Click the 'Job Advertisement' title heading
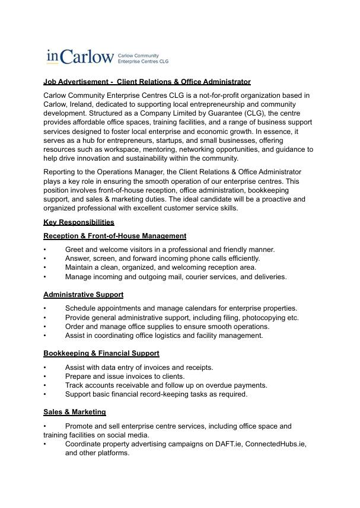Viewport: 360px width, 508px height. [x=147, y=82]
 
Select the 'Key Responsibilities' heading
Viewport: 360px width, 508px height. [x=79, y=222]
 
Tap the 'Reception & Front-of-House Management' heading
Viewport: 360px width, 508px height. [x=114, y=236]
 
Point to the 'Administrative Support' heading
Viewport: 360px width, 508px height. [x=83, y=295]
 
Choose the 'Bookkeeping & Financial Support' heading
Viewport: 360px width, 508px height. [x=101, y=353]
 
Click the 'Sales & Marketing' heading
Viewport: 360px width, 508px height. [x=75, y=412]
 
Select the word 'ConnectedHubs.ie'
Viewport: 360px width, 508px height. [x=276, y=443]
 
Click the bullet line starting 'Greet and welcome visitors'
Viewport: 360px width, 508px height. [x=170, y=250]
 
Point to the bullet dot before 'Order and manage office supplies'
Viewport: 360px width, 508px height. [x=44, y=327]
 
